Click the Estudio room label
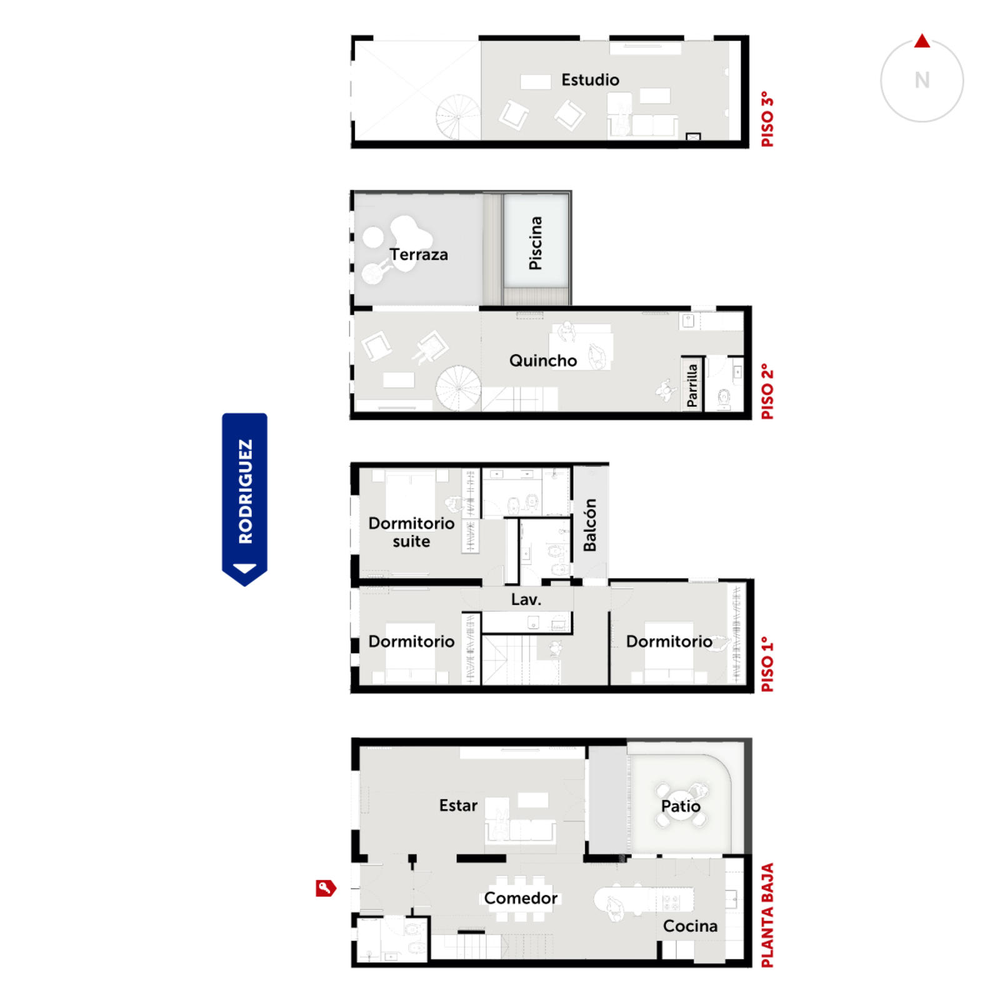coord(590,80)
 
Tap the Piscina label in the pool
coord(536,243)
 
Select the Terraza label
coord(419,254)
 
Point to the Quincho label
coord(543,361)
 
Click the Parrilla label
coord(692,386)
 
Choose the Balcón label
coord(589,525)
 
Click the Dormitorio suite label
coord(411,532)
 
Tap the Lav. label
coord(526,599)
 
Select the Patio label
coord(681,806)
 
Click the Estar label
coord(458,806)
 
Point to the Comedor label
coord(521,898)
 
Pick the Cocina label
coord(690,926)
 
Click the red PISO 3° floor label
coord(767,119)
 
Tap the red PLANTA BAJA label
coord(767,916)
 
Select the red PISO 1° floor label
coord(767,664)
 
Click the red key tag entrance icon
coord(326,888)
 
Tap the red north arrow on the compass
coord(922,41)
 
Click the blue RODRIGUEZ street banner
coord(245,499)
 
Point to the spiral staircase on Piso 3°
coord(458,117)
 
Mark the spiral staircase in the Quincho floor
coord(458,388)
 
